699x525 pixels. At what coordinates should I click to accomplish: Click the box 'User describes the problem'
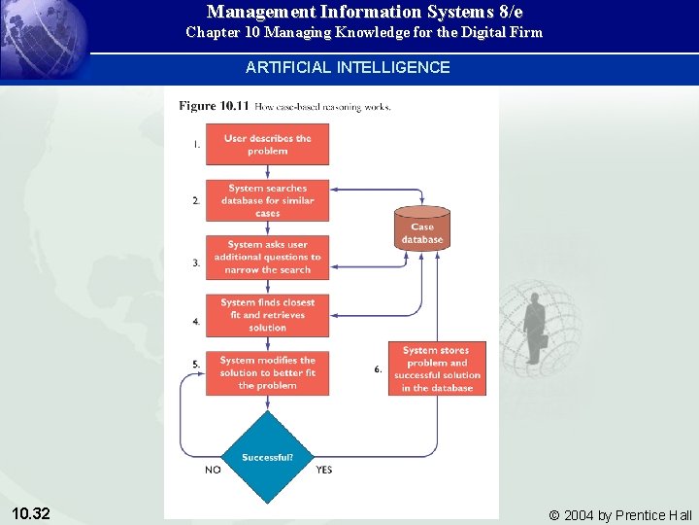267,144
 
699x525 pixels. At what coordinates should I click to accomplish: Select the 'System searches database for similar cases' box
267,200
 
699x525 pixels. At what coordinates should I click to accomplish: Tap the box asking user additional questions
267,258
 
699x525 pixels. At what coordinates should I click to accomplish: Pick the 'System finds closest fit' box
267,315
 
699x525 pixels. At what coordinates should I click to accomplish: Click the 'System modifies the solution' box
267,372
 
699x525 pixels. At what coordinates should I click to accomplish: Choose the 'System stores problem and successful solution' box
437,368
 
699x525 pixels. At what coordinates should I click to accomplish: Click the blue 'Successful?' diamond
267,457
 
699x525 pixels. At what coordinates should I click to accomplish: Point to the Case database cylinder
422,229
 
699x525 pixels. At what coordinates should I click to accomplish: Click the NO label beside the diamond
213,470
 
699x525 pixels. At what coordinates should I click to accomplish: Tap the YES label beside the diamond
323,470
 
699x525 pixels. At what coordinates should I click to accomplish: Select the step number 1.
196,144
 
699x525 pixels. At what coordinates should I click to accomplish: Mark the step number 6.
378,368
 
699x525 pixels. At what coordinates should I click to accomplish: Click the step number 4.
196,321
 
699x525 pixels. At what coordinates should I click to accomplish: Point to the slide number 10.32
32,513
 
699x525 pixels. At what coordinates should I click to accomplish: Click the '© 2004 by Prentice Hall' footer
620,514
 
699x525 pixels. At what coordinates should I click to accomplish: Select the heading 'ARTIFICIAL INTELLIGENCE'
348,68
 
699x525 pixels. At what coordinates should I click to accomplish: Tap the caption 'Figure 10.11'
211,105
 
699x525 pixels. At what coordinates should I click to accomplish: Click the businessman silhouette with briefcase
534,327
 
